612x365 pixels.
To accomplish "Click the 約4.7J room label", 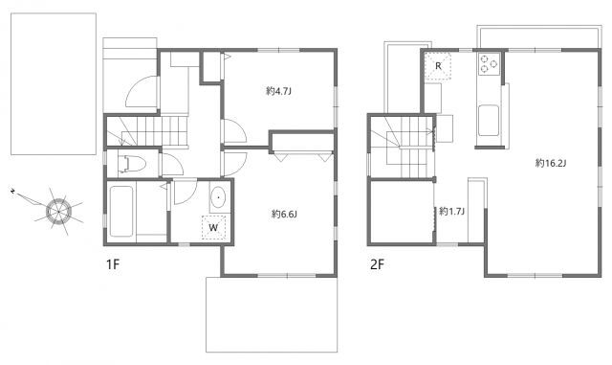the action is click(278, 91).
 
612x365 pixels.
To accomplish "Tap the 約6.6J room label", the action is click(285, 214).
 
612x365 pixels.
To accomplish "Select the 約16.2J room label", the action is click(551, 163).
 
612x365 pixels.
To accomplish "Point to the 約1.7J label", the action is click(451, 212).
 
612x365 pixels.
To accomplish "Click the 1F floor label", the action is click(113, 264).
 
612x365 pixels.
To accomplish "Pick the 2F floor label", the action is click(377, 264).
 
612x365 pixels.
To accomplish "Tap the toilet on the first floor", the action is click(132, 164).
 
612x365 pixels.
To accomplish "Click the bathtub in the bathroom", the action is click(121, 212).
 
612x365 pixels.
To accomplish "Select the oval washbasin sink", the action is click(219, 197).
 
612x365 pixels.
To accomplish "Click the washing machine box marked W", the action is click(213, 227).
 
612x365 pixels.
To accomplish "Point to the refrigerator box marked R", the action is click(438, 66).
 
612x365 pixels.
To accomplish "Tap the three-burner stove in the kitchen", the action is click(489, 64).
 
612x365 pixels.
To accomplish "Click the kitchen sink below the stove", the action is click(489, 120).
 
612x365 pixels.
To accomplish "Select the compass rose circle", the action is click(58, 212).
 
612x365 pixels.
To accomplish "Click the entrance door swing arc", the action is click(142, 92).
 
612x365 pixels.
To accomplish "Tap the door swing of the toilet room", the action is click(173, 165).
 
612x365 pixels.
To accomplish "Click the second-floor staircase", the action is click(402, 146).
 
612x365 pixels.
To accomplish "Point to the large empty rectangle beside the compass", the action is click(54, 83).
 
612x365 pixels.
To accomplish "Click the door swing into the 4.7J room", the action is click(234, 131).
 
